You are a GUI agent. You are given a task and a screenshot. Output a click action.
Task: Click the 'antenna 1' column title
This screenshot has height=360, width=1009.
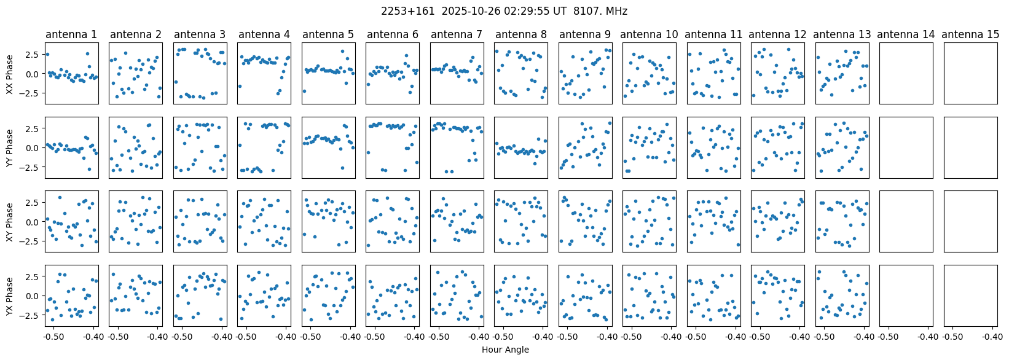(x=71, y=34)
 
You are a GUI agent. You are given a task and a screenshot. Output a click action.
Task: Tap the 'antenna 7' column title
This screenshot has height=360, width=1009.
(x=457, y=34)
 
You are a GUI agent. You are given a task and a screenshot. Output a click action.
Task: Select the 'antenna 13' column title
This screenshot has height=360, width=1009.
(x=841, y=34)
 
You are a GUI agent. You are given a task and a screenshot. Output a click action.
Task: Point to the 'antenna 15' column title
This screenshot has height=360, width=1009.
(x=970, y=34)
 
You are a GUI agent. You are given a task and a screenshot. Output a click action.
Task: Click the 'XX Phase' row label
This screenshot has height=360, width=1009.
(x=9, y=74)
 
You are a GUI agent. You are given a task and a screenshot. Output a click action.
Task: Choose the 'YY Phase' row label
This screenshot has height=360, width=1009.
(x=9, y=148)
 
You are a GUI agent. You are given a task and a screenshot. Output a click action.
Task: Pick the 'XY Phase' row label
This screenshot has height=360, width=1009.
(x=9, y=222)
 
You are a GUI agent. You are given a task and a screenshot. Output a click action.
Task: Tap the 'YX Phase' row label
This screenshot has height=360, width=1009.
(x=9, y=296)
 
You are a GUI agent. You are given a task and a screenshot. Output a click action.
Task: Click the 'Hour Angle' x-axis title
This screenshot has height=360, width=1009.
(x=505, y=350)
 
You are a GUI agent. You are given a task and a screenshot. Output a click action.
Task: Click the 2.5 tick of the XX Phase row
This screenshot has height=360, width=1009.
(x=34, y=55)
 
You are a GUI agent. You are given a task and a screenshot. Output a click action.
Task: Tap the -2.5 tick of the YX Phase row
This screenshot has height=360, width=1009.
(x=33, y=315)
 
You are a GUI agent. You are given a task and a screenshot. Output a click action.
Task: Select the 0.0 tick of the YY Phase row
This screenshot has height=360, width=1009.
(x=34, y=148)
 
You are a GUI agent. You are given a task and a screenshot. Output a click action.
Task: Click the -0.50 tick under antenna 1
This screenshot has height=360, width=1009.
(x=53, y=337)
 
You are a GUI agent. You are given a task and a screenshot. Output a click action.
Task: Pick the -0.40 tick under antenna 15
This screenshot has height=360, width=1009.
(x=992, y=337)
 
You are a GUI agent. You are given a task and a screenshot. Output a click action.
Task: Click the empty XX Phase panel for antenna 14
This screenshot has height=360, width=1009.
(x=906, y=74)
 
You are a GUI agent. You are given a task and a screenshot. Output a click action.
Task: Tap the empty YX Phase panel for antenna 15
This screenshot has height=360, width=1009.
(x=970, y=295)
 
